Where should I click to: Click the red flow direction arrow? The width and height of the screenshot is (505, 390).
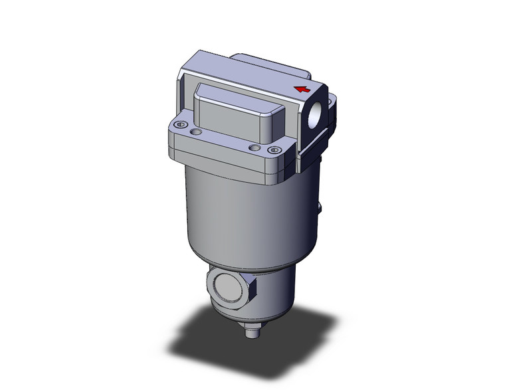click(x=302, y=88)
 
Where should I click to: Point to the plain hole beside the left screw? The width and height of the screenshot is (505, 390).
click(x=194, y=134)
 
